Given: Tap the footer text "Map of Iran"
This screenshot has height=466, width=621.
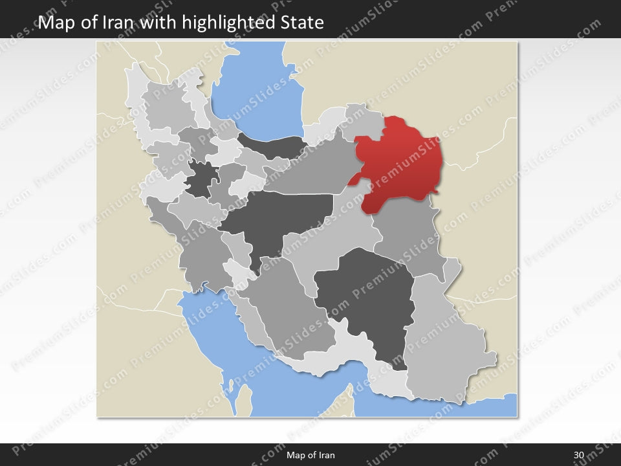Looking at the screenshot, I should (310, 455).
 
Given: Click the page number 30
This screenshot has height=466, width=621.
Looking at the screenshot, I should (578, 455).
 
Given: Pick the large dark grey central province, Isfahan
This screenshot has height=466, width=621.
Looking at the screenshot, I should (278, 217).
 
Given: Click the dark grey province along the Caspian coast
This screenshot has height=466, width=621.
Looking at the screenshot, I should (272, 145).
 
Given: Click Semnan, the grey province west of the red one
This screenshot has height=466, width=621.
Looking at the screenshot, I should (310, 172).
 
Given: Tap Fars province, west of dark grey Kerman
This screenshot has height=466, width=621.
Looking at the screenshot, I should (291, 304).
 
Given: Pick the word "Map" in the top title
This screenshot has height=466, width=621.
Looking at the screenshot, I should (54, 23).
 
